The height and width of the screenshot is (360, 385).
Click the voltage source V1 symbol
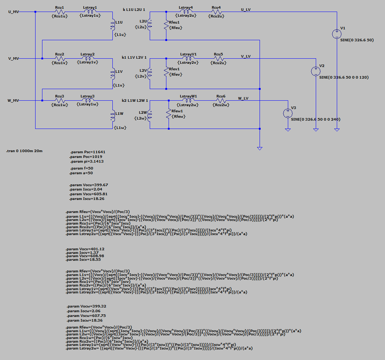(x=336, y=34)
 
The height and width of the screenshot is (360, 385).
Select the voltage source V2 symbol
(x=315, y=71)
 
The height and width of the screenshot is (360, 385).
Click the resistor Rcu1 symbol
(x=60, y=12)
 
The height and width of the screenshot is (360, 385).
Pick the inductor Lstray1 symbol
(x=88, y=12)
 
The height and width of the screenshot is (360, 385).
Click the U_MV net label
(x=13, y=12)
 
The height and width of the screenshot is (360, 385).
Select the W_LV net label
(x=243, y=98)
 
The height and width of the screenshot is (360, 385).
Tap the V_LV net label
(x=246, y=56)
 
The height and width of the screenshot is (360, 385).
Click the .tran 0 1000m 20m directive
(x=24, y=150)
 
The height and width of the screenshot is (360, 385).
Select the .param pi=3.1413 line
(x=87, y=162)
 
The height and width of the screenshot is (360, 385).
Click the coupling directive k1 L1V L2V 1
(x=134, y=57)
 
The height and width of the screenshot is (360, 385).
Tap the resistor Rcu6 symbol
(x=220, y=101)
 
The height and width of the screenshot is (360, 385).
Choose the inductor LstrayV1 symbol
(x=187, y=58)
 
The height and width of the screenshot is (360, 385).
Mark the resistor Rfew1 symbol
(x=169, y=114)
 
